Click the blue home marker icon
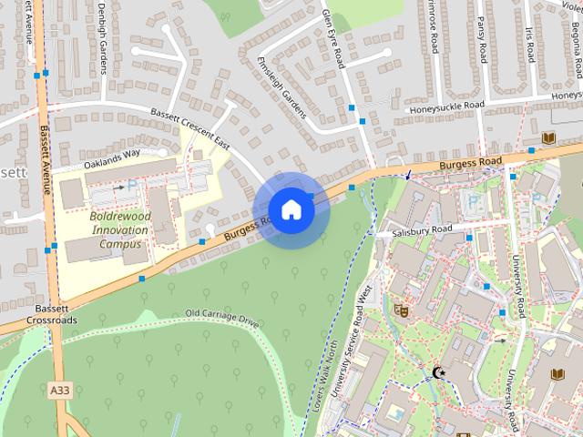coord(291,209)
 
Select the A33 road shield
coord(59,390)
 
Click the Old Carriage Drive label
coord(222,318)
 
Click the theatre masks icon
coord(398,310)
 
